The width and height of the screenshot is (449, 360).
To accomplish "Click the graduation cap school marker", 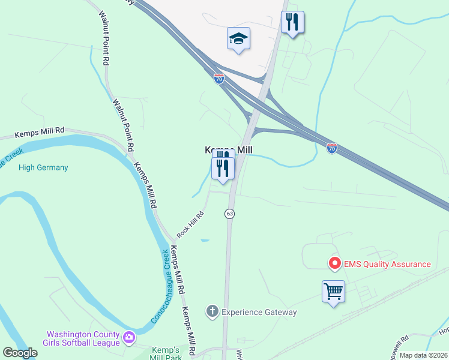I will click(239, 38).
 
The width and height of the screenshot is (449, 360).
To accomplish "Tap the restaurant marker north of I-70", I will click(292, 23).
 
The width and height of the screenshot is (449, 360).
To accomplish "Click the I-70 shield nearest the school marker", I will click(218, 78).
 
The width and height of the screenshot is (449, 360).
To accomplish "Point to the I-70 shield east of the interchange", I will click(332, 148).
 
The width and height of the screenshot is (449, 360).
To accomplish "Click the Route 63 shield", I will click(229, 214).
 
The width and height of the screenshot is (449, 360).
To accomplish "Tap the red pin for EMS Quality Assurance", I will click(334, 263).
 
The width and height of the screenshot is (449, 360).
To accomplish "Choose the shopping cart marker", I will click(333, 292).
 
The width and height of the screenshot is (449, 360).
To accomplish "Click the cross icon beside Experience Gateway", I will click(211, 311).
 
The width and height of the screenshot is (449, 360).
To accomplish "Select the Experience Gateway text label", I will click(259, 312).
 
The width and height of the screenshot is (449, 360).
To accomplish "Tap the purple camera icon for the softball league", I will click(128, 338).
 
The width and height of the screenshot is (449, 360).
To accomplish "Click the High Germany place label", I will click(43, 167).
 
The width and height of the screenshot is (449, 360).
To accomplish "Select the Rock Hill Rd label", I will click(190, 223).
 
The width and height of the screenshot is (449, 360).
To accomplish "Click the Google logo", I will click(20, 353).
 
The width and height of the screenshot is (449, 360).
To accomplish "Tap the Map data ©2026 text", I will click(423, 355).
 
